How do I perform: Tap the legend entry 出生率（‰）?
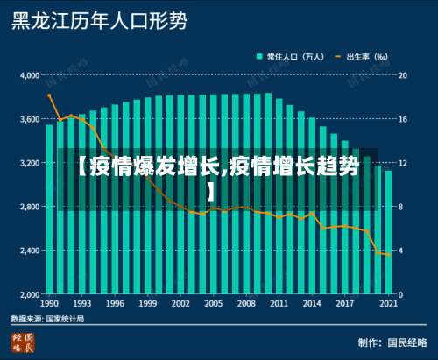click(365, 56)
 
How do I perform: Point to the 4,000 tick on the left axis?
click(29, 75)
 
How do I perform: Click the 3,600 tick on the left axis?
click(29, 119)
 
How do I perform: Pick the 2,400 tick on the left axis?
click(29, 251)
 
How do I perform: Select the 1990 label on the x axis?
click(50, 303)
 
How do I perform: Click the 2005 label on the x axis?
click(213, 303)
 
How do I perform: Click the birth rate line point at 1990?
click(50, 95)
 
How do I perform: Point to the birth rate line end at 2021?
click(388, 255)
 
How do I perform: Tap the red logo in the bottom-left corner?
click(23, 342)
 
